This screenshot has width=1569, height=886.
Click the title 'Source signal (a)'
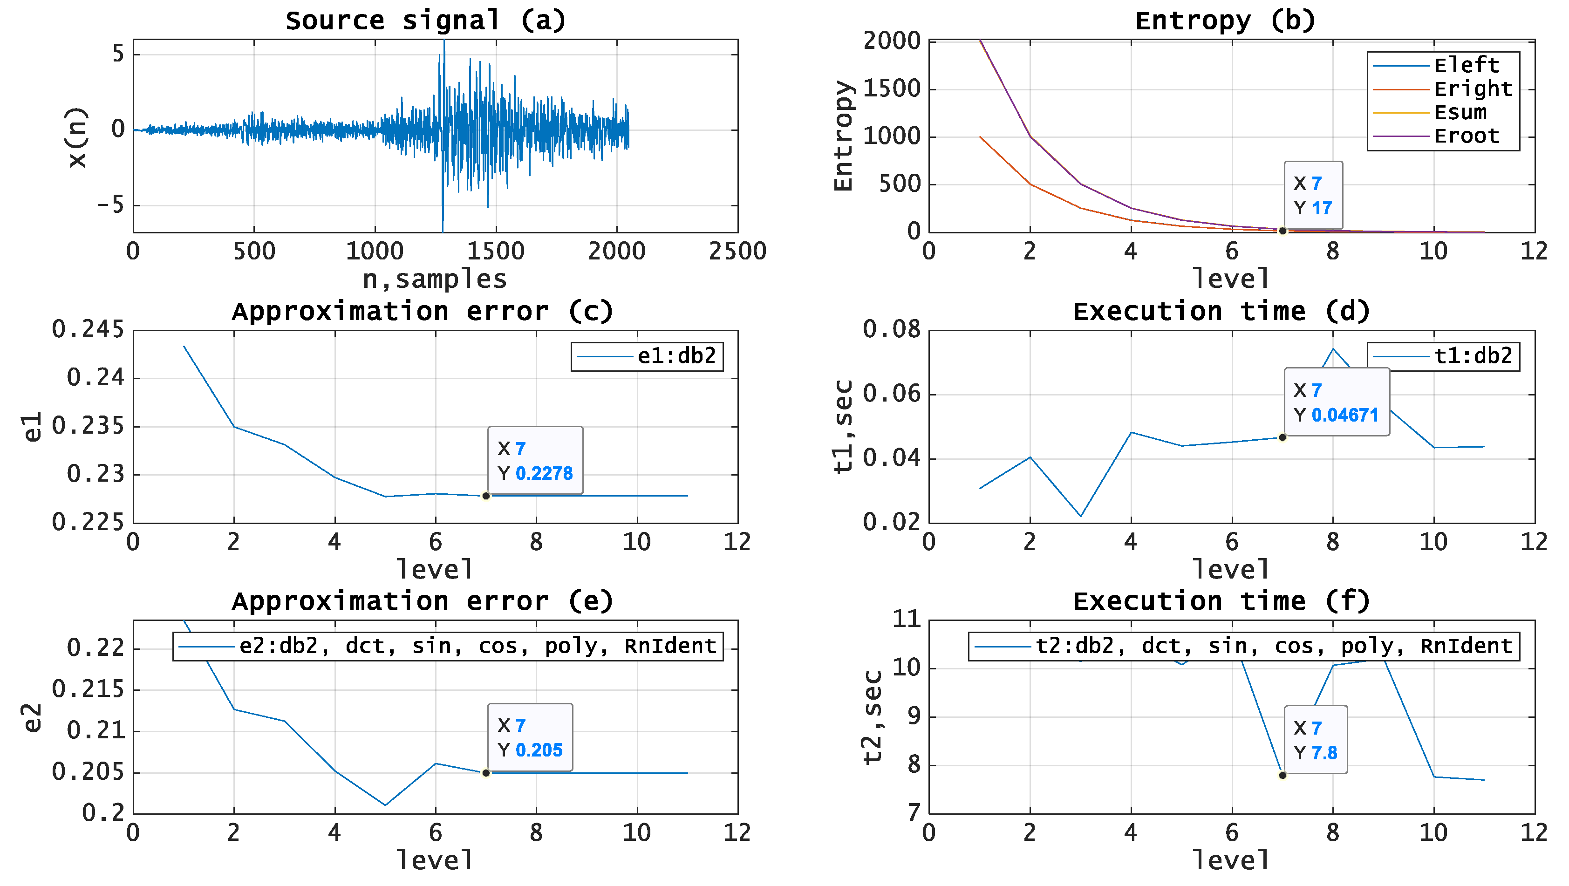[x=425, y=20]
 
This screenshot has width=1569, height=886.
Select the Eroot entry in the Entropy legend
[x=1466, y=136]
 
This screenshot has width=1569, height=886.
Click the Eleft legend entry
[x=1466, y=65]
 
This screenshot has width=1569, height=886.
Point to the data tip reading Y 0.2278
[x=535, y=460]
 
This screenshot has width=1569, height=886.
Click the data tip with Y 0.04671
[x=1337, y=402]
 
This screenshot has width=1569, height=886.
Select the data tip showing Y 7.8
[x=1315, y=740]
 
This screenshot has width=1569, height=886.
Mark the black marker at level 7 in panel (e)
[x=485, y=773]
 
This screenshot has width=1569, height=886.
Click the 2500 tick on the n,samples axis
[x=737, y=252]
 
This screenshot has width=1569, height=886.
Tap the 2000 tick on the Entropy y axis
[x=892, y=41]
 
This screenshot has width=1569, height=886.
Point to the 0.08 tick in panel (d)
[x=892, y=329]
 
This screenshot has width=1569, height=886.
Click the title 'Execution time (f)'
[x=1221, y=602]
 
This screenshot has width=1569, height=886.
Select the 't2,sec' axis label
[x=872, y=717]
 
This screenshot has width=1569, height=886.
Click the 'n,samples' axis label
[x=434, y=279]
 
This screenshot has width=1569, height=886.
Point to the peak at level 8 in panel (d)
[x=1333, y=349]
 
